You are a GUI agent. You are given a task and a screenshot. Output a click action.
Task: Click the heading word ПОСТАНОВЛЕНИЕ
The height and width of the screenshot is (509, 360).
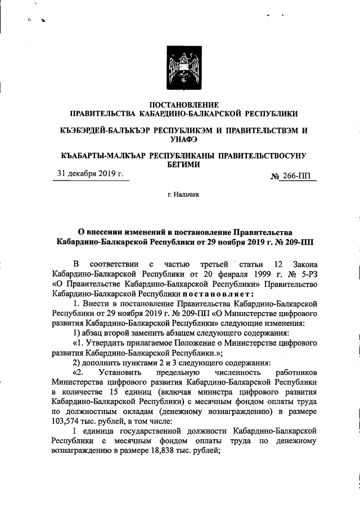[x=180, y=104]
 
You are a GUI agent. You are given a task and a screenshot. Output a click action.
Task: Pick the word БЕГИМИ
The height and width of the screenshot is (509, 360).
[x=180, y=164]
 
